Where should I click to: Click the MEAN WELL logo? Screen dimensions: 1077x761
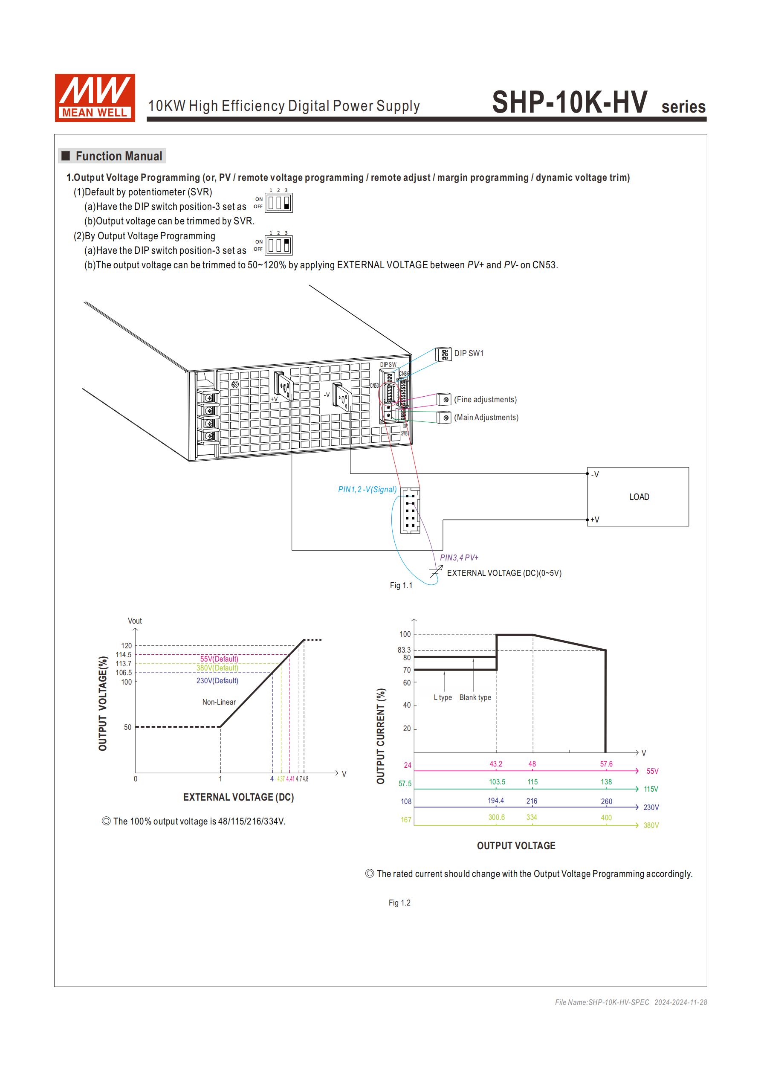coord(95,98)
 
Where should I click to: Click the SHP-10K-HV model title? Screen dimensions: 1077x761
coord(569,102)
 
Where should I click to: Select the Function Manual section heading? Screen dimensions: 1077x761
coord(118,156)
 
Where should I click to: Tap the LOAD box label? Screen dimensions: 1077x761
coord(639,497)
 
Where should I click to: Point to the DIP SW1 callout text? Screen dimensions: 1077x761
coord(469,353)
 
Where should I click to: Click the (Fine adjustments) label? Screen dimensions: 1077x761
coord(485,399)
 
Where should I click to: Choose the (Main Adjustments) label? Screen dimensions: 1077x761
coord(486,418)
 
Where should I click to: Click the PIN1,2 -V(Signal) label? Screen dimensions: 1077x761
coord(367,489)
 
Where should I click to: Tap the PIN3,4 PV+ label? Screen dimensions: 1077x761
coord(459,557)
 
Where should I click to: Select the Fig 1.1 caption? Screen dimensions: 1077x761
coord(401,585)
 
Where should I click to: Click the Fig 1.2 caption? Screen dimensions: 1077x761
coord(399,903)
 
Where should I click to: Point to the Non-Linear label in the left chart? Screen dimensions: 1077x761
coord(219,702)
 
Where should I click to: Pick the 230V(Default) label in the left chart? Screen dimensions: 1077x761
coord(217,681)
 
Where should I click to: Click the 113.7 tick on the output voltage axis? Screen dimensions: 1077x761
coord(124,664)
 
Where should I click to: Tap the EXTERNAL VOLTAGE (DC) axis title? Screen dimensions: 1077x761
coord(238,797)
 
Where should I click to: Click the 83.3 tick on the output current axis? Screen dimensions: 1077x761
coord(404,650)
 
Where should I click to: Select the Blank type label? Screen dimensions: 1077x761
coord(475,697)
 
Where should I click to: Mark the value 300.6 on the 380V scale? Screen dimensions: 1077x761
coord(496,817)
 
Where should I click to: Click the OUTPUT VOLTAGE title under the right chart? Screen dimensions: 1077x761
coord(516,846)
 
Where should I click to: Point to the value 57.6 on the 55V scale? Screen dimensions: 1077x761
coord(606,764)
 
